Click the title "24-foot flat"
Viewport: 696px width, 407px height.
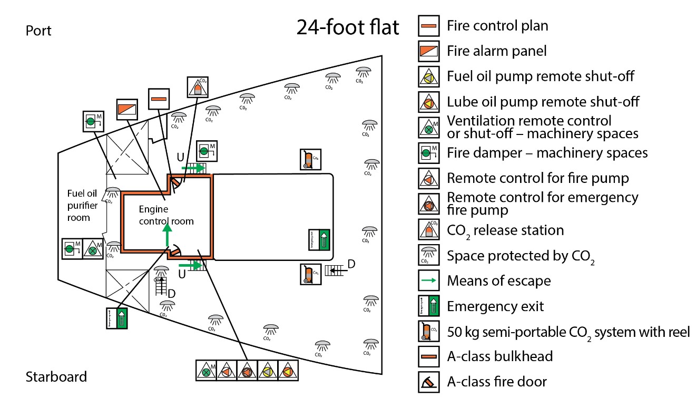tap(347, 27)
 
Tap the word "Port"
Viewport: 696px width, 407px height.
tap(39, 31)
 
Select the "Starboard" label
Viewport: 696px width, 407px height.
tap(56, 377)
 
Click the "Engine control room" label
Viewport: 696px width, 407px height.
tap(166, 215)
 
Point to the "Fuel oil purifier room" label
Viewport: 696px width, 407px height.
tap(82, 205)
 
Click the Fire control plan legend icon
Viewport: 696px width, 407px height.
tap(428, 25)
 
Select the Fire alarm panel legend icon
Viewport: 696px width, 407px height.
tap(428, 51)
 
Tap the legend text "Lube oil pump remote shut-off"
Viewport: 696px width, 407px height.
tap(541, 102)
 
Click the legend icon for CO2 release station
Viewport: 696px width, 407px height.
tap(428, 230)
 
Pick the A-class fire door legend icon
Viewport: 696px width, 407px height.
tap(428, 382)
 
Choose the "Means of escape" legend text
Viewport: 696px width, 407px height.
tap(498, 280)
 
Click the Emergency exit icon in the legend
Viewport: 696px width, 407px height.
tap(428, 306)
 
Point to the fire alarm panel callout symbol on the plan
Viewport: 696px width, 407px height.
tap(127, 109)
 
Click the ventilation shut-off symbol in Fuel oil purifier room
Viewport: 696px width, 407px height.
tap(93, 249)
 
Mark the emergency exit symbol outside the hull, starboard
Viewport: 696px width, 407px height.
tap(116, 318)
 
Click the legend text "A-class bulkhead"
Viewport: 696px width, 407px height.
tap(499, 356)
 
